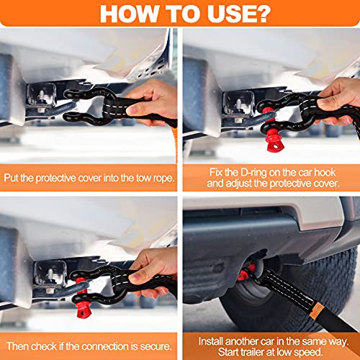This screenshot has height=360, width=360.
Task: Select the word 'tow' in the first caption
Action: [144, 179]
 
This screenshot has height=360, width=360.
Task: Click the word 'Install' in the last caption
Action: [210, 341]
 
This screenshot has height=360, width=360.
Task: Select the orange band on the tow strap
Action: [316, 311]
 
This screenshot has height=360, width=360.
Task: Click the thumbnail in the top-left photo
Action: [132, 111]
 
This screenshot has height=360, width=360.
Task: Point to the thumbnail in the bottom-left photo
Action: [135, 279]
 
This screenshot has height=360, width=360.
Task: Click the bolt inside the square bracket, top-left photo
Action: [41, 95]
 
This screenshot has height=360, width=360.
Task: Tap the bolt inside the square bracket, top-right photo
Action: [238, 104]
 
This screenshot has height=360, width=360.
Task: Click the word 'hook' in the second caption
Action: [325, 173]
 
